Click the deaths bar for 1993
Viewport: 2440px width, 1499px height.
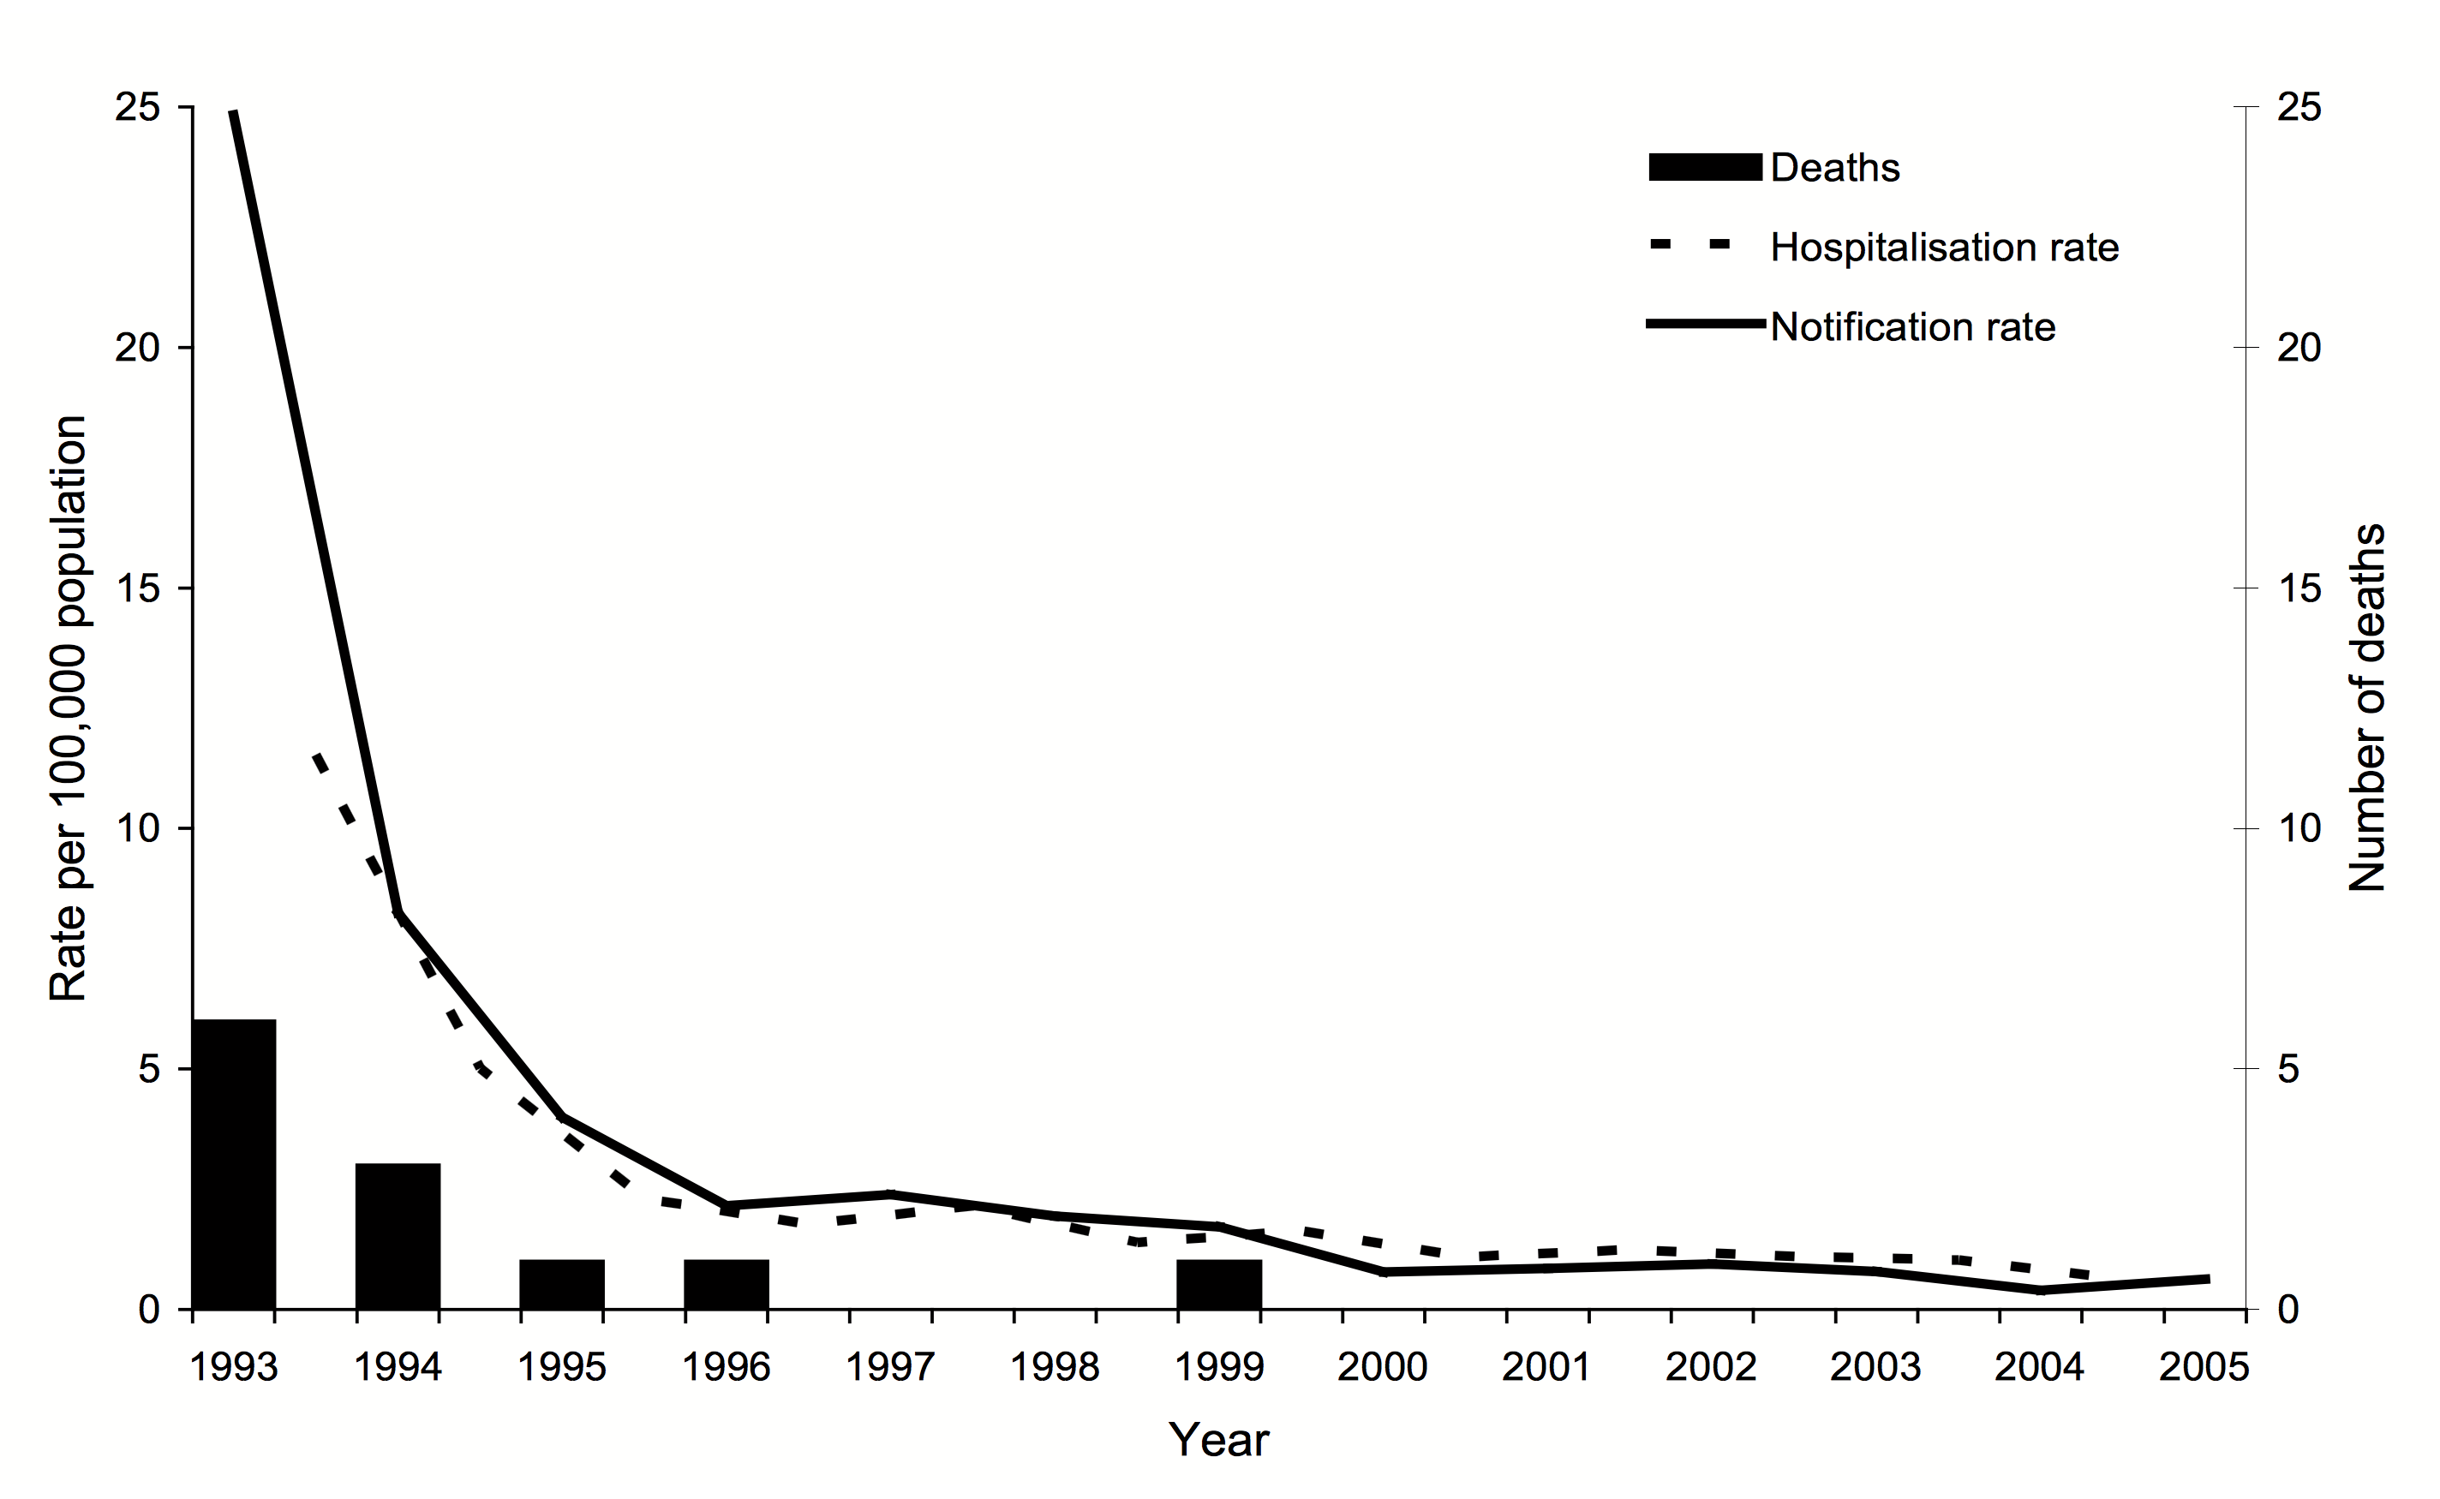click(234, 1164)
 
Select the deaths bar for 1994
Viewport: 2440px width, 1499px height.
click(398, 1236)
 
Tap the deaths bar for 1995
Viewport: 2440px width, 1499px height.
click(562, 1284)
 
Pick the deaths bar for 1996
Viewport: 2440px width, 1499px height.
click(726, 1284)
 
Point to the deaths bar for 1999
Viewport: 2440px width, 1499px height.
click(1218, 1284)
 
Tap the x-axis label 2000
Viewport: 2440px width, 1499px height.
click(1382, 1367)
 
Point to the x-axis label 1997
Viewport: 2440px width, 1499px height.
click(889, 1367)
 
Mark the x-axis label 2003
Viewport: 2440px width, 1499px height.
click(1875, 1367)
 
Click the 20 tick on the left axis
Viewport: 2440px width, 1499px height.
click(138, 347)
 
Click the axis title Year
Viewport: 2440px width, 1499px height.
click(1218, 1440)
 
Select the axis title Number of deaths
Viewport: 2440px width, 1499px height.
click(2366, 708)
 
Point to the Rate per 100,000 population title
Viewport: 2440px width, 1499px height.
click(69, 708)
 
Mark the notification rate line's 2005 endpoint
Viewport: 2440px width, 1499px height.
click(2208, 1279)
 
